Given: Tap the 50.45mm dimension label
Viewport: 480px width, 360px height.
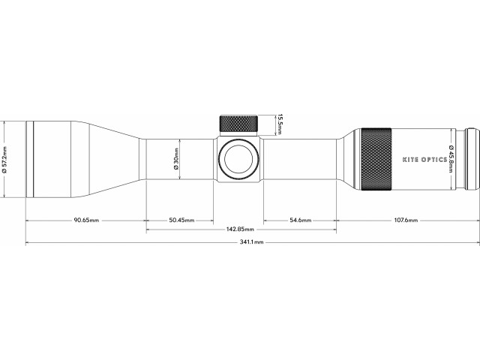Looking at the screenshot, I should pos(181,220).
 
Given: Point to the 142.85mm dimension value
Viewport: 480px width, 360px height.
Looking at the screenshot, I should pos(241,229).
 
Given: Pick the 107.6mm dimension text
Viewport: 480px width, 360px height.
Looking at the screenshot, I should pos(405,220).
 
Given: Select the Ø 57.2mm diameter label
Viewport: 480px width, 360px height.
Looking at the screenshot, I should pos(4,159).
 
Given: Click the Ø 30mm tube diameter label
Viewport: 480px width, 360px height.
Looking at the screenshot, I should pos(175,159).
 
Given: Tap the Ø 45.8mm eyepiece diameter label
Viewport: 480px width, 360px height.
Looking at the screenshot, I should pos(451,159).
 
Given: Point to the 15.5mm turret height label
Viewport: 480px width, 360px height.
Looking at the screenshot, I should pos(279,124).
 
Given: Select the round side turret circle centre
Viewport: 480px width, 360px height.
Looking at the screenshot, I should pos(238,159).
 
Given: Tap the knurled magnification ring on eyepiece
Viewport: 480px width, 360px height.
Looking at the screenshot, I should pos(373,159).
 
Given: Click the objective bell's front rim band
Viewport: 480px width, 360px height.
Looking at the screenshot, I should pos(30,159).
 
